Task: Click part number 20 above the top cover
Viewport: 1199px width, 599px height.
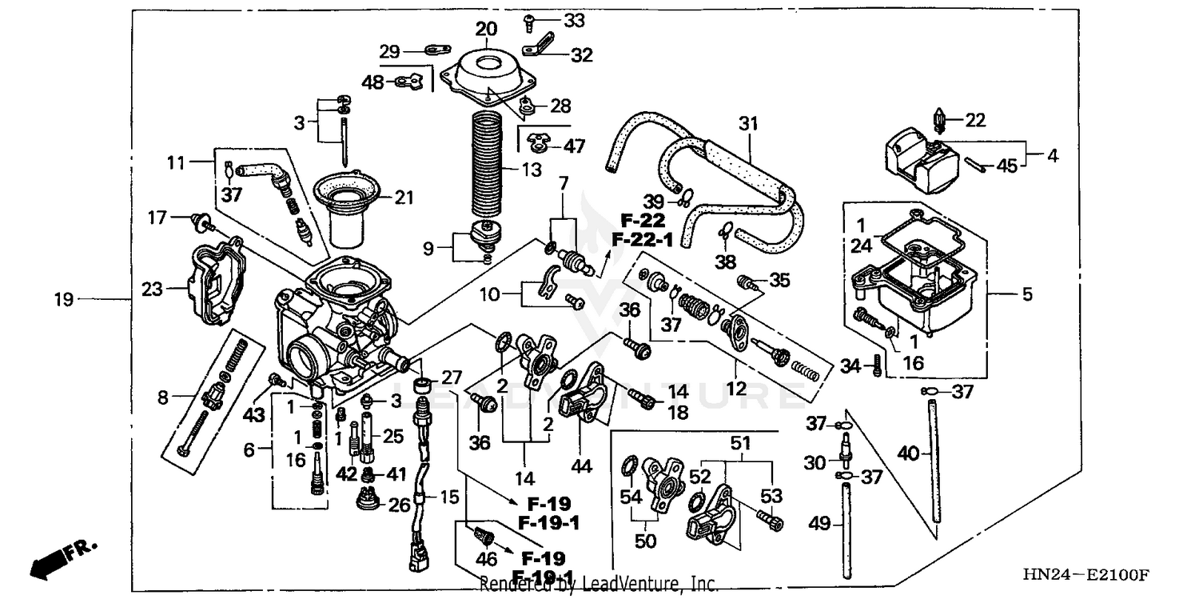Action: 486,29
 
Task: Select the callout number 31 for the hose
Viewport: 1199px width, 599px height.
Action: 747,124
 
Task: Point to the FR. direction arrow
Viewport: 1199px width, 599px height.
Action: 63,557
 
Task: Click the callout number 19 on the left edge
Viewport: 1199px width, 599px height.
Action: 64,300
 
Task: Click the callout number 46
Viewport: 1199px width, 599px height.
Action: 486,559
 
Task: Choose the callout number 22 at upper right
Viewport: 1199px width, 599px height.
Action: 975,120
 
